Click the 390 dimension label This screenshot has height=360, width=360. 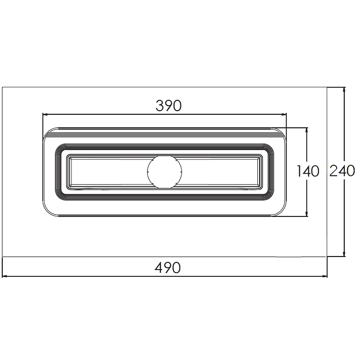coord(168,106)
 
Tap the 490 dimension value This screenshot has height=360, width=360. coord(167,268)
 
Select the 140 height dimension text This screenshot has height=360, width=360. coord(308,171)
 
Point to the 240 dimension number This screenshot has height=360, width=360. coord(342,171)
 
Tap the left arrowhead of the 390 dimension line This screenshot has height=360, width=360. coord(45,114)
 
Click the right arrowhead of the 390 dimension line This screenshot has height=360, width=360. coord(284,114)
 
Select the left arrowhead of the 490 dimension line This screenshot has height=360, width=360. coord(4,276)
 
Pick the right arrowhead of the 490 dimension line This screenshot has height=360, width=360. coord(324,276)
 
